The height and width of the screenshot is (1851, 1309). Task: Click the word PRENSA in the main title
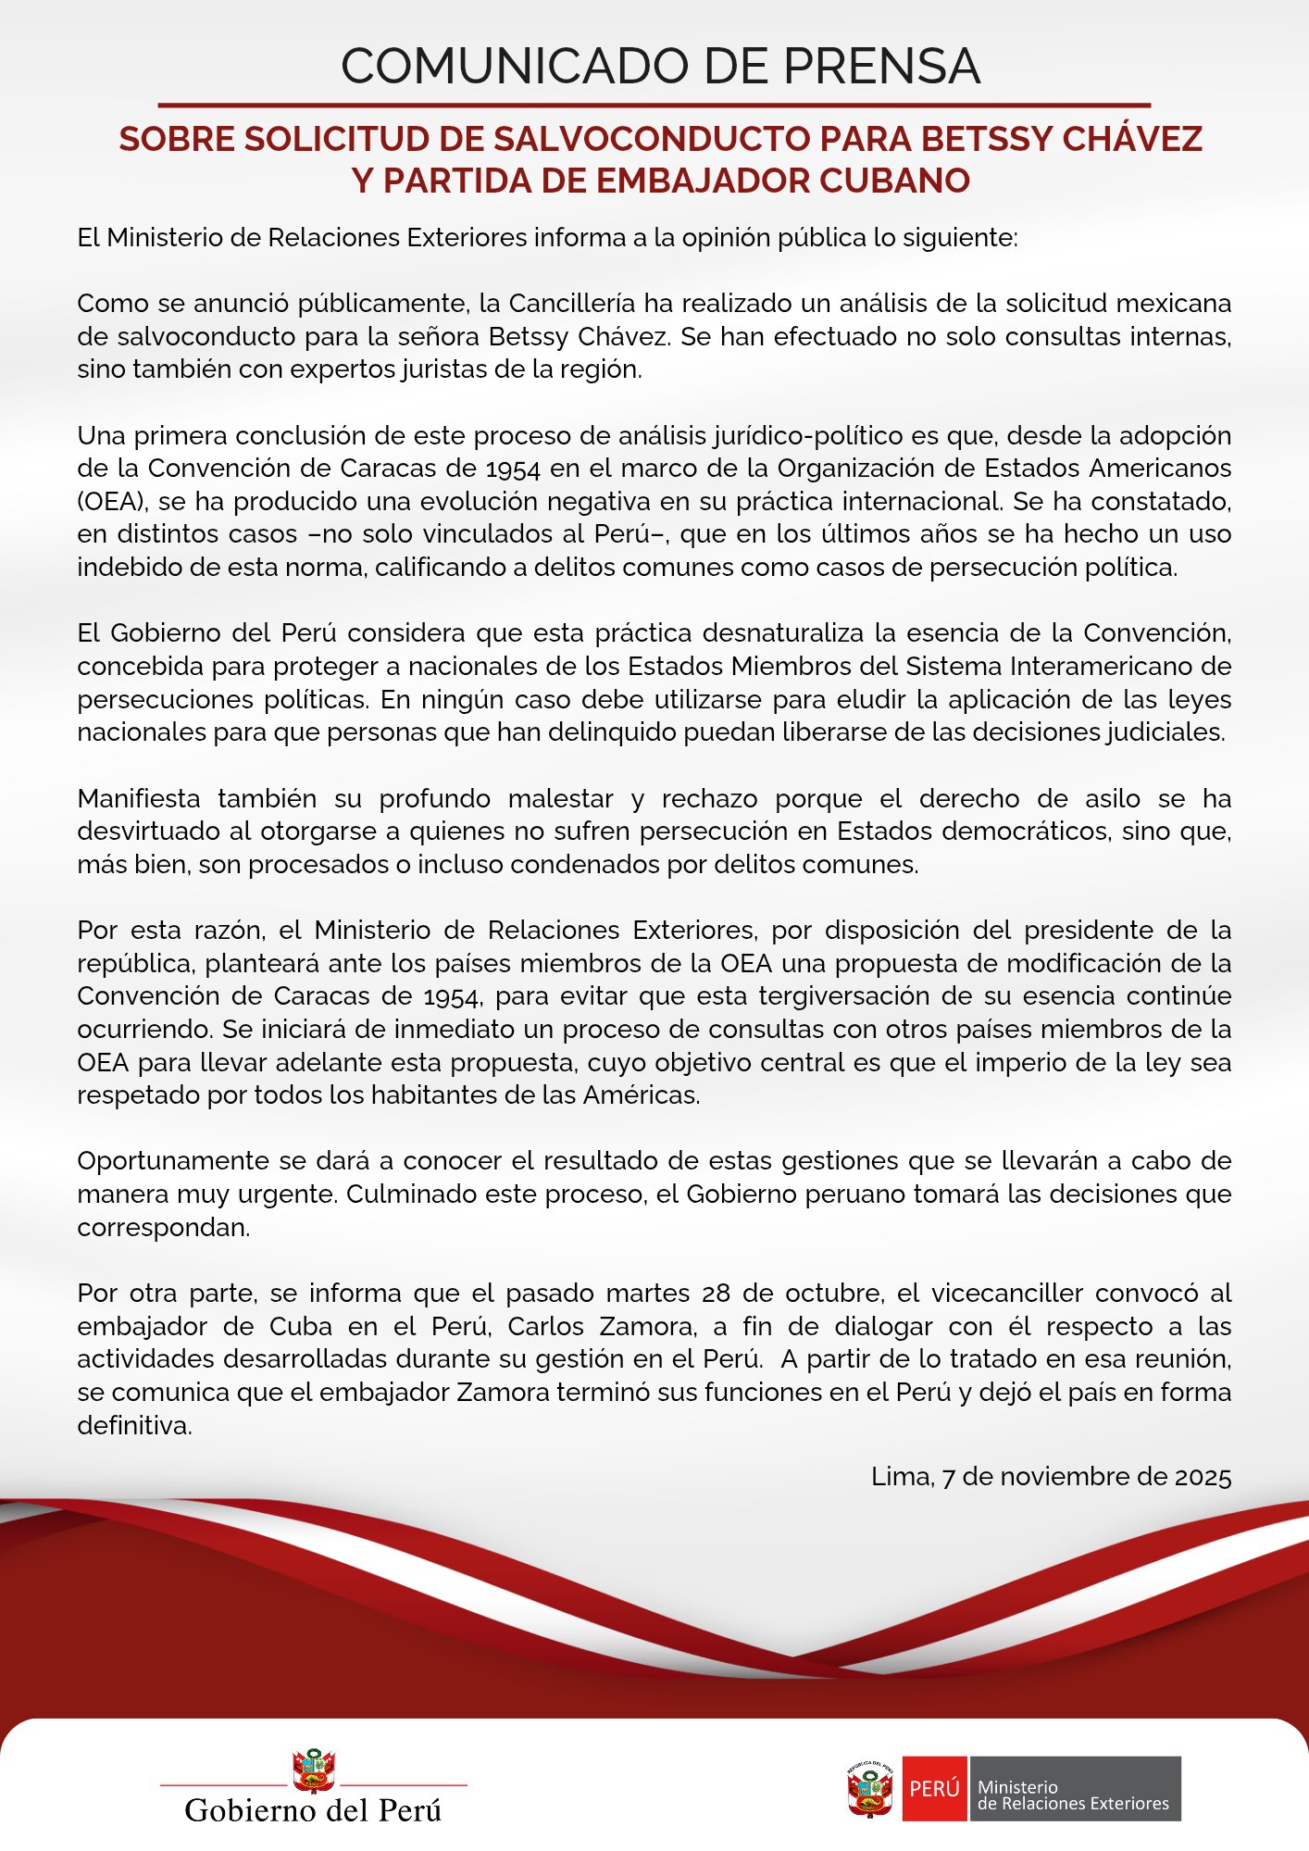tap(882, 67)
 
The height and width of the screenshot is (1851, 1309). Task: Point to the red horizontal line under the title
tap(654, 106)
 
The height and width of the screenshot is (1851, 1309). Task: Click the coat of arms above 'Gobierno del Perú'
tap(313, 1770)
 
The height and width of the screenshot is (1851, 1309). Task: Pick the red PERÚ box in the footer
tap(934, 1788)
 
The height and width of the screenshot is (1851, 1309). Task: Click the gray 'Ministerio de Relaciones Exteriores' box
tap(1074, 1788)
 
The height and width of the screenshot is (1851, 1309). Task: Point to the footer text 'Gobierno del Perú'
tap(313, 1809)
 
